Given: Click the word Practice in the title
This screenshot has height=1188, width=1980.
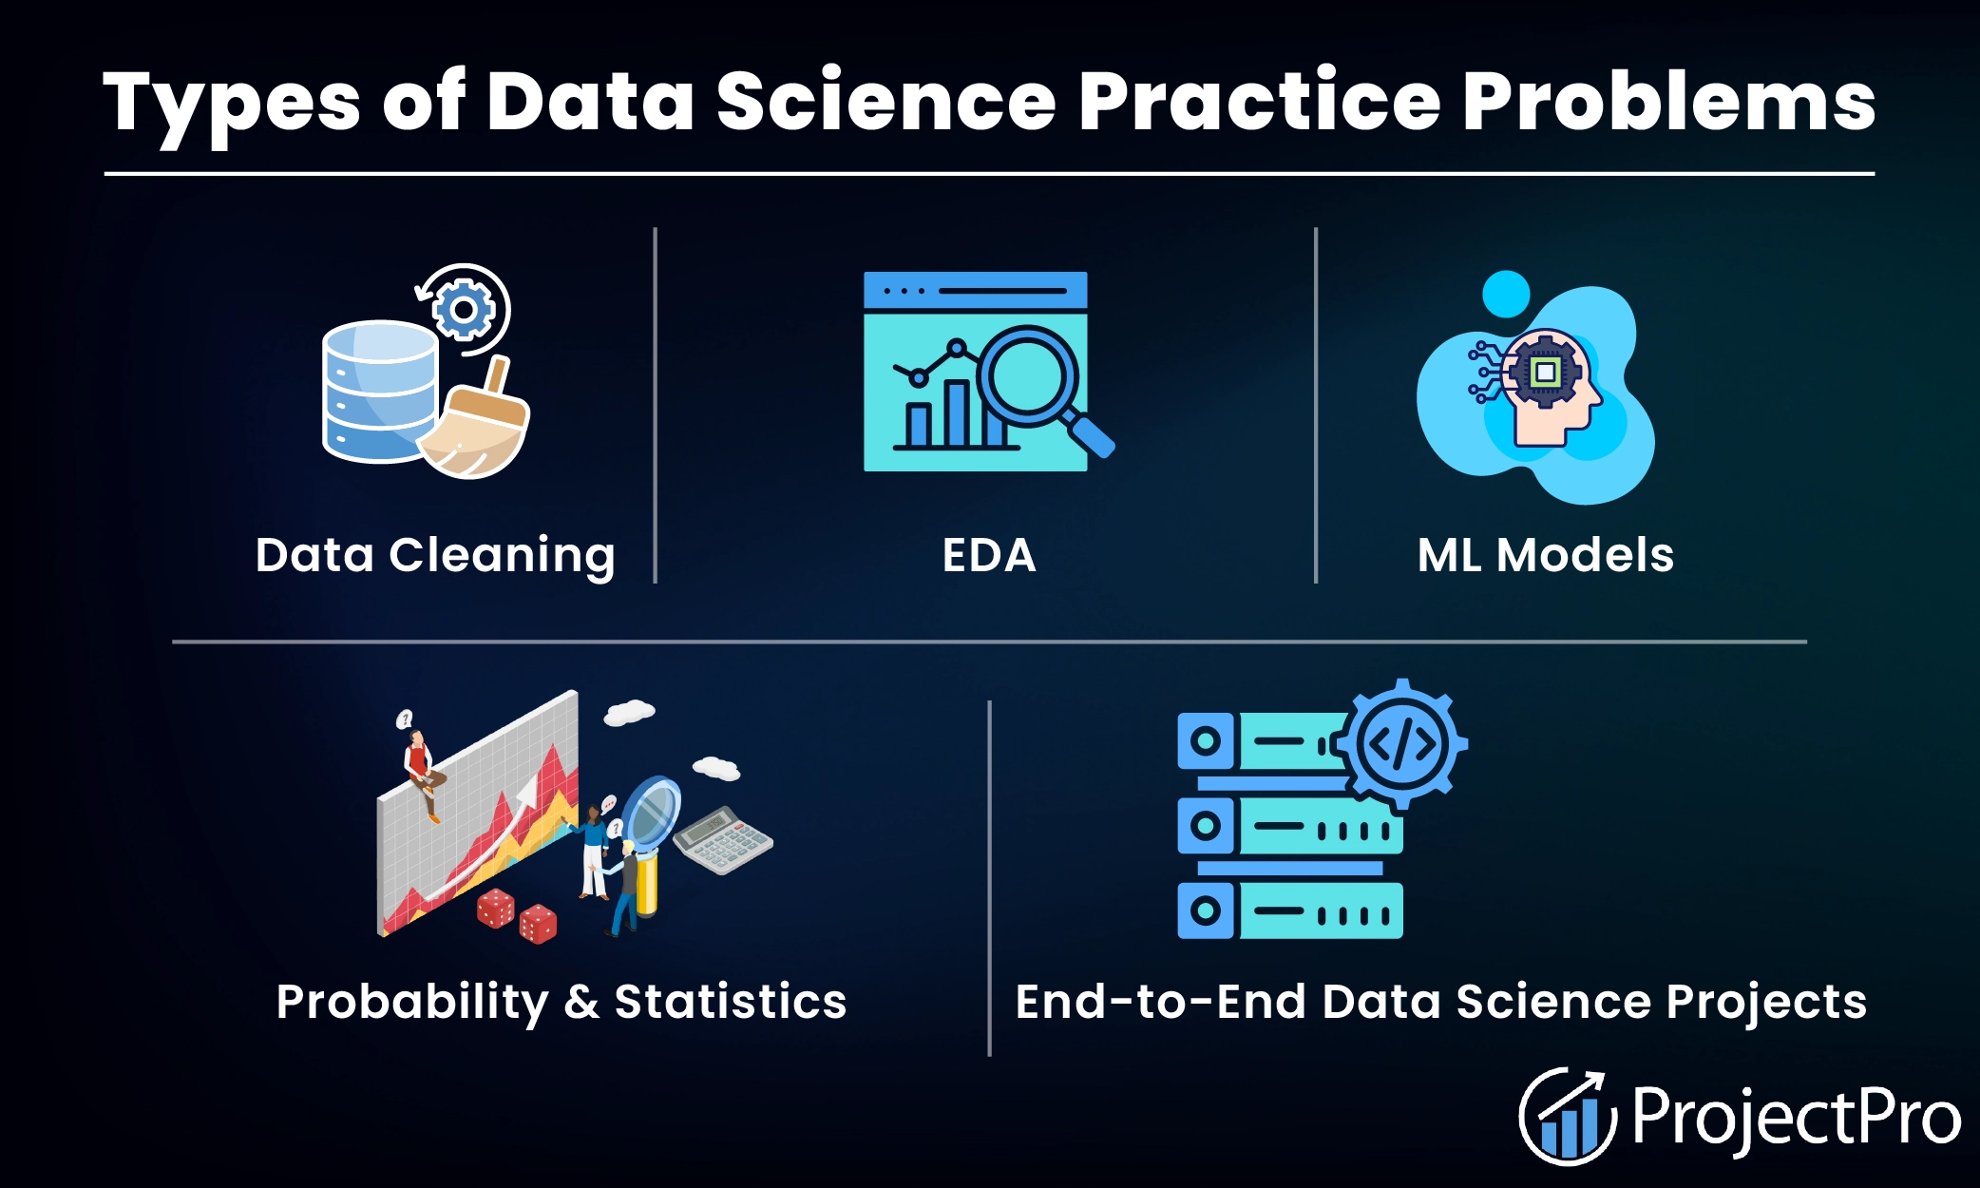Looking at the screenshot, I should (x=1259, y=102).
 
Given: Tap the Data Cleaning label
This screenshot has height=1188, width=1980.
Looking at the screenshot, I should (x=435, y=555).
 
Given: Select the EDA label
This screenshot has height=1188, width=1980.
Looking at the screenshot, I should (x=988, y=555).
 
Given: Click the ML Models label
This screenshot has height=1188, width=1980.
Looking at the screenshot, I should (x=1545, y=555).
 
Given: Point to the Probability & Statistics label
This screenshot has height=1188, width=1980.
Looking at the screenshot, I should (x=561, y=1002).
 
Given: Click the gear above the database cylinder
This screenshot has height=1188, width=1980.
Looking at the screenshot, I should (x=464, y=310).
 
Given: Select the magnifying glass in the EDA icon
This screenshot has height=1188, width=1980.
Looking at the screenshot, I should (x=1028, y=376).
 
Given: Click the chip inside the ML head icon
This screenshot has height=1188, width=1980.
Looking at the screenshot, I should (x=1545, y=372).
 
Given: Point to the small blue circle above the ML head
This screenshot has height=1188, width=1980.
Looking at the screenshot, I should (x=1506, y=295).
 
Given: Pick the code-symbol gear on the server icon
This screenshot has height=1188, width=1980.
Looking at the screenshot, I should (x=1401, y=744).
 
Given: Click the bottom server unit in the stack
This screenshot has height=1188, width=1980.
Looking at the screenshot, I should (x=1289, y=911).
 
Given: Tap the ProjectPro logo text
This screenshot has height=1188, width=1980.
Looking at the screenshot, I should (x=1796, y=1118).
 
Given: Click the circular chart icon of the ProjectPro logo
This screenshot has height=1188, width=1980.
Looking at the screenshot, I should (x=1566, y=1118).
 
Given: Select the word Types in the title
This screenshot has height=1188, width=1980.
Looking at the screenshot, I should (x=232, y=104).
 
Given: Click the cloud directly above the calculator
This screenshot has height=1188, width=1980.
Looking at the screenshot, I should (x=716, y=767).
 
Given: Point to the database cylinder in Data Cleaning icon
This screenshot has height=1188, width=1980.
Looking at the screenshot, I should (x=379, y=392).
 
